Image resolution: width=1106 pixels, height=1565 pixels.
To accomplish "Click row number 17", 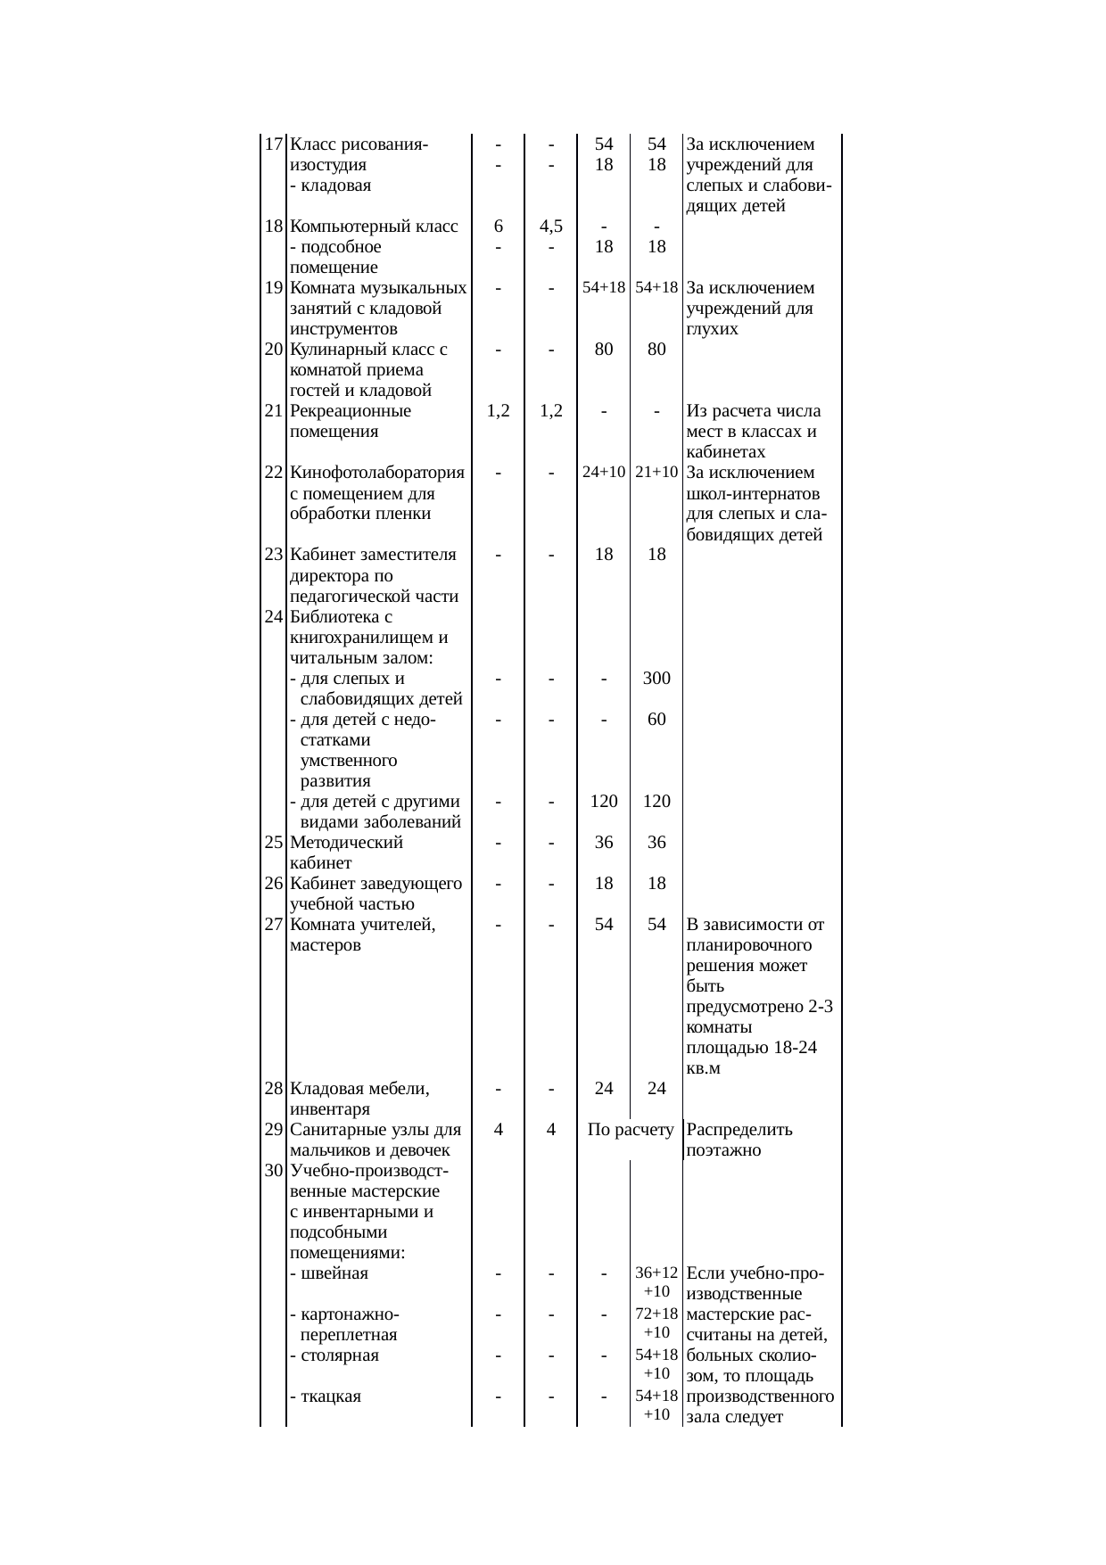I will coord(274,144).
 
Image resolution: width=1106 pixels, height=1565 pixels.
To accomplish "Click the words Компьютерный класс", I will coord(374,227).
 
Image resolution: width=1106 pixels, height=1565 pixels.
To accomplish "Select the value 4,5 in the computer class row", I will coord(551,227).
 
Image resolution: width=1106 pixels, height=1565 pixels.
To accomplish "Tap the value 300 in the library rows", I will coord(656,679).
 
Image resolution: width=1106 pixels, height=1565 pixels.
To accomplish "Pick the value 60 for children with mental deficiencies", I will coord(656,720).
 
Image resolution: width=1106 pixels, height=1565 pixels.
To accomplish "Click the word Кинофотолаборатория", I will coord(377,473).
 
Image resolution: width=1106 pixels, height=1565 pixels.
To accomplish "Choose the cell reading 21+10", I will coord(656,473).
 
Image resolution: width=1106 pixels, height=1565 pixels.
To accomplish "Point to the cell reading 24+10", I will coord(604,473).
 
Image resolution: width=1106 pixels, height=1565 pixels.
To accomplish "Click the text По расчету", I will coord(631,1130).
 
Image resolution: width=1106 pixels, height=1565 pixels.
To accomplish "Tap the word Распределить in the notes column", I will coord(739,1130).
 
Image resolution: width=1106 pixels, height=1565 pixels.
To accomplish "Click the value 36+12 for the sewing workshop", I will coord(656,1273).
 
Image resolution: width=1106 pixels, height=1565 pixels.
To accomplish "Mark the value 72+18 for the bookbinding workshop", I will coord(656,1314).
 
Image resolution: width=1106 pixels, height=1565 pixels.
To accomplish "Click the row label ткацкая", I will coord(331,1396).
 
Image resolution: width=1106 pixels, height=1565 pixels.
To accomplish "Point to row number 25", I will coord(274,843).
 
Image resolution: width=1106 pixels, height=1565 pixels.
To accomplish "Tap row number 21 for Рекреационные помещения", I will coord(274,412).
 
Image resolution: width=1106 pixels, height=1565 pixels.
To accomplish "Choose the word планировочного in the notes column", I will coord(749,945).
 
